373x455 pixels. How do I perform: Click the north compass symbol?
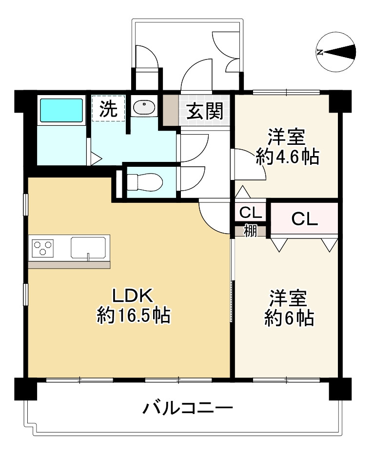pos(336,52)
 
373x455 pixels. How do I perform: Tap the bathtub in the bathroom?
pos(61,111)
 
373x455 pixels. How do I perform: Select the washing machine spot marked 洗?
pos(109,108)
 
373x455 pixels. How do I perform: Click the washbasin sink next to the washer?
pos(143,108)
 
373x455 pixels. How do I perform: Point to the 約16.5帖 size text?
pos(133,317)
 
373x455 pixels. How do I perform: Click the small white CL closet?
pos(250,213)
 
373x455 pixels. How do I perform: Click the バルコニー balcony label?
pos(187,408)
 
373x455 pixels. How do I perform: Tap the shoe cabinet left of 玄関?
pos(171,111)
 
